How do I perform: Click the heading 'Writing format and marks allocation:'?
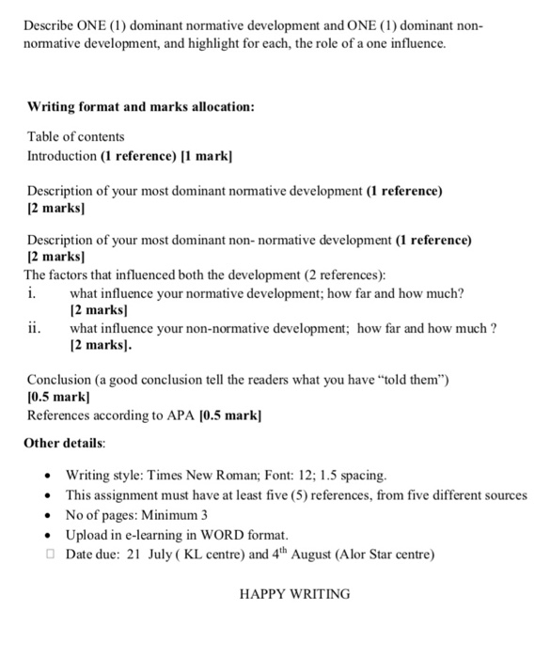pyautogui.click(x=140, y=107)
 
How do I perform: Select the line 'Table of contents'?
pyautogui.click(x=75, y=136)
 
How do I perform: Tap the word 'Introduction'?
pyautogui.click(x=61, y=155)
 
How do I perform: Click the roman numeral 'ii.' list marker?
pyautogui.click(x=35, y=328)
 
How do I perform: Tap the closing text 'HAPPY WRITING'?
pyautogui.click(x=294, y=594)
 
